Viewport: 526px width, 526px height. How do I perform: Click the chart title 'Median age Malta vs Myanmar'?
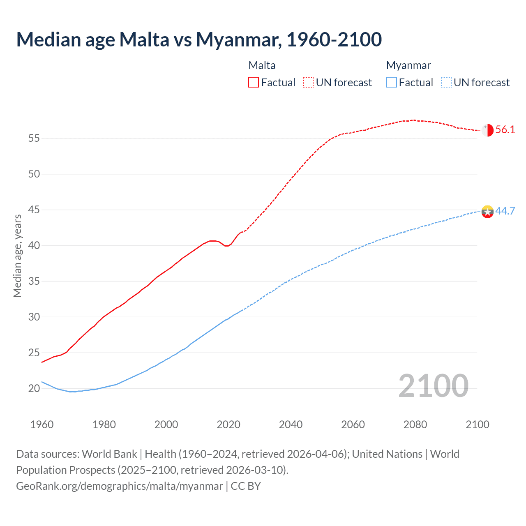coord(199,39)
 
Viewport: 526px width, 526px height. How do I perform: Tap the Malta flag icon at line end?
coord(487,130)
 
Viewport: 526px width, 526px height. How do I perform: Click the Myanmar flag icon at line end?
coord(487,212)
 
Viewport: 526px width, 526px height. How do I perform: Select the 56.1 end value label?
coord(505,130)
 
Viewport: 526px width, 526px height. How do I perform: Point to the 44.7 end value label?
coord(505,211)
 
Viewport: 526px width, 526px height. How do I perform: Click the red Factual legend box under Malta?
coord(254,83)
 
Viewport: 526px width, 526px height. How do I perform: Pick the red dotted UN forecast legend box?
coord(308,83)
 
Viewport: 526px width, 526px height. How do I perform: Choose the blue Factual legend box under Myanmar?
coord(392,83)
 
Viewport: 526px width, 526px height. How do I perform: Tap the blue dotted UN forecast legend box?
coord(446,83)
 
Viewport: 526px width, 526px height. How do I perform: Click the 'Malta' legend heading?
coord(262,65)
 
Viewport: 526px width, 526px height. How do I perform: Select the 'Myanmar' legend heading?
coord(408,65)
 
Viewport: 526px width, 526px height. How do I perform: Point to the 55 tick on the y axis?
coord(34,138)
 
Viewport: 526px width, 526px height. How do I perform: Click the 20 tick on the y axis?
coord(34,388)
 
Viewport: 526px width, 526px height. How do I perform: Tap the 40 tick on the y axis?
coord(34,246)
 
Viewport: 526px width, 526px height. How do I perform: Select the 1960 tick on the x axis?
coord(42,424)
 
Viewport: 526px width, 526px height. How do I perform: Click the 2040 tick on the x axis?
coord(291,424)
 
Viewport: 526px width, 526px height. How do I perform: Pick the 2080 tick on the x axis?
coord(415,424)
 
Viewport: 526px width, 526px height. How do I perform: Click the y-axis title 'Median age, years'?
coord(17,256)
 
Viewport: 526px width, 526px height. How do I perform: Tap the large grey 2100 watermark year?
coord(433,385)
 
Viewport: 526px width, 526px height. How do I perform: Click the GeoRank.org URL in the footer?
coord(119,486)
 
